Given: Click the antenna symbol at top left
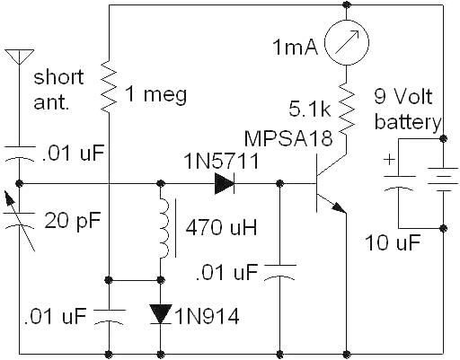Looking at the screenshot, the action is (x=19, y=57).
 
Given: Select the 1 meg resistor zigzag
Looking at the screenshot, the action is (x=109, y=87).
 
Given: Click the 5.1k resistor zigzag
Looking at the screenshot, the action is (x=347, y=109).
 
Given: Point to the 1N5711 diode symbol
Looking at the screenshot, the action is (x=225, y=183).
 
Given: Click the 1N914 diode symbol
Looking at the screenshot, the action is (x=161, y=314).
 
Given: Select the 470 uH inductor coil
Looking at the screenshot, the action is (x=164, y=227).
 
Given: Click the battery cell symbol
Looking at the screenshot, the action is (x=444, y=180).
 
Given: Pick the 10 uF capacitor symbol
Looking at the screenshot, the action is (x=399, y=183).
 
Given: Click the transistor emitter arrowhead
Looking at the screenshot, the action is (x=339, y=207).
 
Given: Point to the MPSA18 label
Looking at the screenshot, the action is (x=288, y=138).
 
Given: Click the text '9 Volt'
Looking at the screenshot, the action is (x=403, y=96).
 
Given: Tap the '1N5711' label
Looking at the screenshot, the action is (x=222, y=161).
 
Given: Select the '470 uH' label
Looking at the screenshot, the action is (x=221, y=227).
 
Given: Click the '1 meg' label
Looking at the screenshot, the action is (x=155, y=94).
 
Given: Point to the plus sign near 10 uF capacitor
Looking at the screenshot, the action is (x=390, y=160).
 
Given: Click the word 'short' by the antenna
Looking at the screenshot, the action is (x=58, y=77).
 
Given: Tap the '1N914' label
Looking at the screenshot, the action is (x=208, y=316).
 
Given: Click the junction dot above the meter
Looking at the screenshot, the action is (x=347, y=4).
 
